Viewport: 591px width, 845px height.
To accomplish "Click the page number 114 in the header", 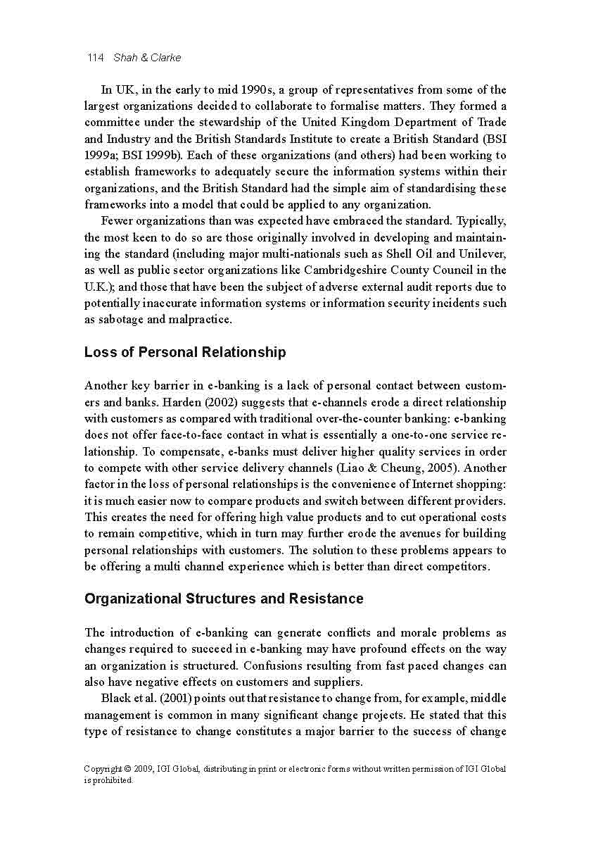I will pos(95,58).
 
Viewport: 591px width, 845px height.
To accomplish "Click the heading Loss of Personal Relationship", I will pos(185,352).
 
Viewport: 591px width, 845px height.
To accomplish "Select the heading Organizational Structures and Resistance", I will pos(224,599).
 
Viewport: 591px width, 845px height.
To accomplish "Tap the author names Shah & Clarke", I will pos(147,58).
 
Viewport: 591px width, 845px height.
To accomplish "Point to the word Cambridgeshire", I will pos(364,270).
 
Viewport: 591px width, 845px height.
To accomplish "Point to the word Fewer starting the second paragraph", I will pos(117,220).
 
